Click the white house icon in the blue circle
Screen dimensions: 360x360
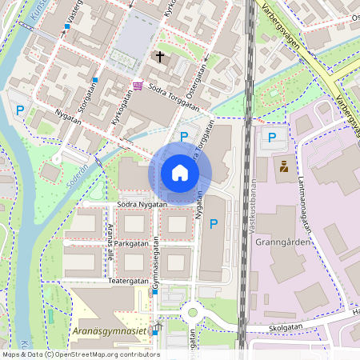180,173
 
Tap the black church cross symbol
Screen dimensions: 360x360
160,57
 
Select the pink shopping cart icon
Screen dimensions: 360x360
138,86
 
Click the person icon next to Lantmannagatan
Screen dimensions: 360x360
283,167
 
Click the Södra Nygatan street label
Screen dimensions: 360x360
141,204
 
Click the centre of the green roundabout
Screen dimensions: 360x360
192,312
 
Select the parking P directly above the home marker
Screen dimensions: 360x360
184,137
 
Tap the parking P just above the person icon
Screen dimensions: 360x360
272,138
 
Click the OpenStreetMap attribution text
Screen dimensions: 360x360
80,354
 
